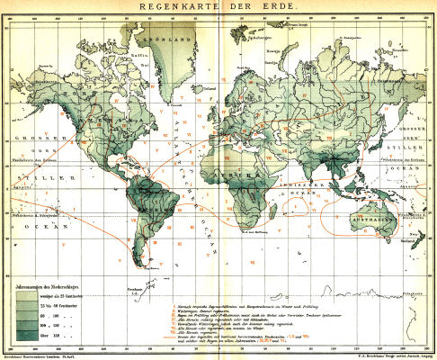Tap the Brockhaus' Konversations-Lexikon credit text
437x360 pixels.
coord(45,355)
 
